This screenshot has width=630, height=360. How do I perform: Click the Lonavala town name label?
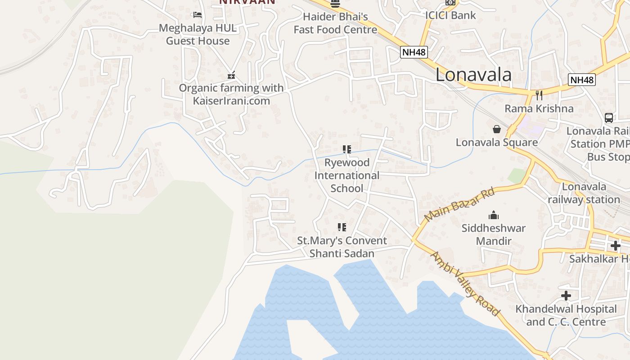(x=473, y=75)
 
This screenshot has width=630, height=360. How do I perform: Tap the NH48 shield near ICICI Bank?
(x=414, y=52)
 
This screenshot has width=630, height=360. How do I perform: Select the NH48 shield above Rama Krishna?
(x=582, y=80)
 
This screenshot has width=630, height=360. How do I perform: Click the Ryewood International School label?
(x=346, y=175)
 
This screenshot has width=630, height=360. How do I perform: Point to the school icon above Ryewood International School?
(x=346, y=149)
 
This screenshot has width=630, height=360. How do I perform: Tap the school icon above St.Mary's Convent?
(x=342, y=227)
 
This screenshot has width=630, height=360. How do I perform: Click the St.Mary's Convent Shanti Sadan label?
(x=342, y=247)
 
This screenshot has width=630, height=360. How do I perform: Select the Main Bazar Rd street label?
(x=459, y=205)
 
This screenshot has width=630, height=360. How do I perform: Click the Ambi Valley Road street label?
(x=465, y=284)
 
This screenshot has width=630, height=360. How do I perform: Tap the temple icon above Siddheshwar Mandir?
(x=494, y=215)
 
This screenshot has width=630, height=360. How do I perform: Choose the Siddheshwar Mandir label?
(x=494, y=234)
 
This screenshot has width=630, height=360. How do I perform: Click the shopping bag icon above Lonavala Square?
(x=497, y=130)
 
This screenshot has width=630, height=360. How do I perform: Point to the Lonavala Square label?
(x=497, y=142)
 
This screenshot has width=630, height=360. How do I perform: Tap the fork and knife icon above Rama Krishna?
(x=539, y=95)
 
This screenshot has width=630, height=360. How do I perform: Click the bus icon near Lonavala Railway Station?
(x=609, y=118)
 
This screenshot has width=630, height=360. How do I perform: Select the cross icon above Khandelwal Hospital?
(x=566, y=296)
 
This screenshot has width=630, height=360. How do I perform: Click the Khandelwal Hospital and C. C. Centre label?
(x=566, y=315)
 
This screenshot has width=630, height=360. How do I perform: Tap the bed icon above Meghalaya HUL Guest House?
(x=197, y=15)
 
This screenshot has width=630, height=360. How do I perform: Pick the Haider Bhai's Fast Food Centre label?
(x=335, y=23)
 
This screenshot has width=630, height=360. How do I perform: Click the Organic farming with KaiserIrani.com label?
(x=231, y=94)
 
